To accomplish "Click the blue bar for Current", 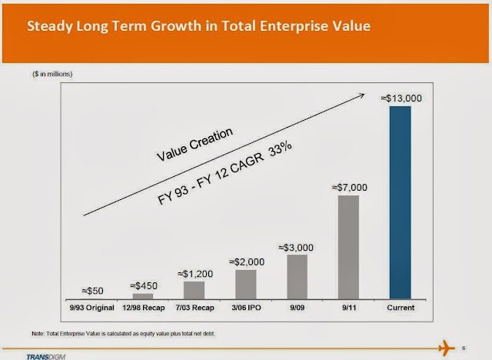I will (x=401, y=202).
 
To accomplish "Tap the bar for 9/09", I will (x=297, y=275).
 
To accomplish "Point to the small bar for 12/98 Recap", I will (x=142, y=295).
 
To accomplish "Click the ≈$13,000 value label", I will (x=401, y=98).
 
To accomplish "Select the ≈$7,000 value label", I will (x=349, y=187).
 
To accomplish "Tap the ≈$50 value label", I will (x=91, y=290).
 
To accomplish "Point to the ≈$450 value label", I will (x=143, y=285).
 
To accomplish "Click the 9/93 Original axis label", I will (x=91, y=306).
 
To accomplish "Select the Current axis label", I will (x=401, y=306).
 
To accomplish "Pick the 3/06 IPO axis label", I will (x=245, y=306).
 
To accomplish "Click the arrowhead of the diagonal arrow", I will (x=360, y=95).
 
